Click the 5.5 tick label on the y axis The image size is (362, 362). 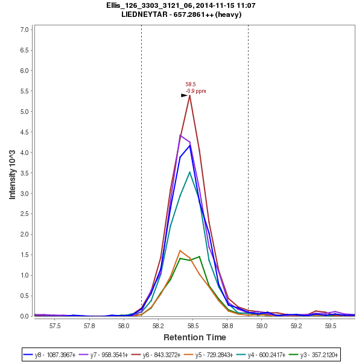point(25,91)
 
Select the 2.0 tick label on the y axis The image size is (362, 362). point(25,234)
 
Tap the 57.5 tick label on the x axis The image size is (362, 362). point(56,325)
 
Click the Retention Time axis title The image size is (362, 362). point(194,337)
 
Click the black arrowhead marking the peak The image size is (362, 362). point(185,95)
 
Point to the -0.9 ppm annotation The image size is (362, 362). point(195,91)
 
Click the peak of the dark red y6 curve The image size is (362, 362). point(190,95)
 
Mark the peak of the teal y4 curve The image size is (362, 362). point(190,172)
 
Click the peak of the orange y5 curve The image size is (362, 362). point(180,250)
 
